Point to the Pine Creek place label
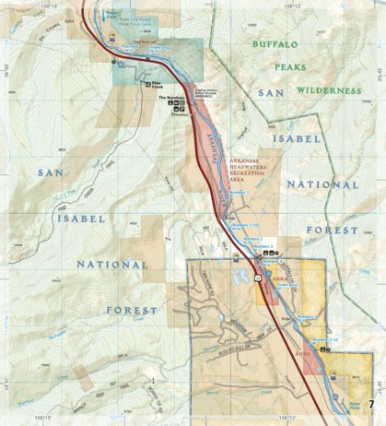tap(152, 84)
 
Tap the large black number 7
tap(371, 405)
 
